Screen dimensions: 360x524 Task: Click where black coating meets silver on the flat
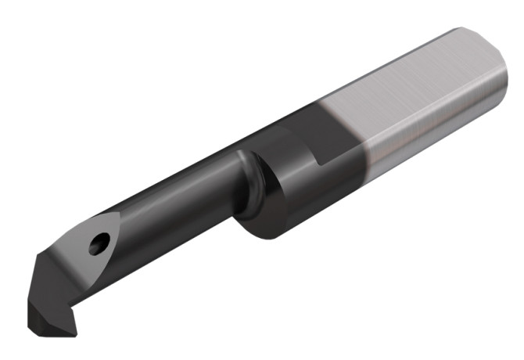[344, 110]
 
